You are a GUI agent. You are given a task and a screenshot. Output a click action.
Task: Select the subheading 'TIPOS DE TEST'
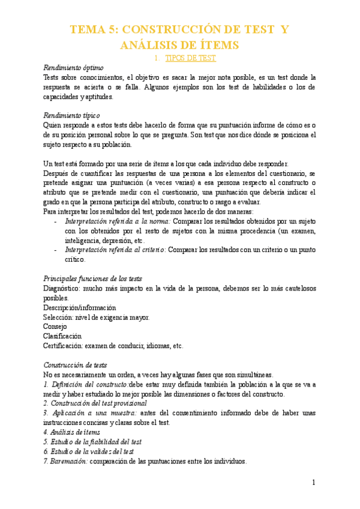pyautogui.click(x=190, y=58)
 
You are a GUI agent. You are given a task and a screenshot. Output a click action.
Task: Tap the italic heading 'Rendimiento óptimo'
pyautogui.click(x=73, y=68)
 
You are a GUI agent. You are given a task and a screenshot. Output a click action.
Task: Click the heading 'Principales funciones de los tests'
pyautogui.click(x=93, y=279)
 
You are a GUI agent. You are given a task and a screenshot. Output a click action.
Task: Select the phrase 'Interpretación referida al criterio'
pyautogui.click(x=115, y=250)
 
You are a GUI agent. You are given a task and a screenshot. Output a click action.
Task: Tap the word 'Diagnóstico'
pyautogui.click(x=63, y=288)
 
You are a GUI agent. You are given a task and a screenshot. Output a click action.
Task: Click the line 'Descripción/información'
pyautogui.click(x=79, y=307)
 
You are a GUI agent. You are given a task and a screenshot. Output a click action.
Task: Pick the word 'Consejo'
pyautogui.click(x=55, y=327)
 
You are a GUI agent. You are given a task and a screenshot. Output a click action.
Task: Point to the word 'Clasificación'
pyautogui.click(x=62, y=336)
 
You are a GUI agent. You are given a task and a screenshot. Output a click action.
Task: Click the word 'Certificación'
pyautogui.click(x=64, y=346)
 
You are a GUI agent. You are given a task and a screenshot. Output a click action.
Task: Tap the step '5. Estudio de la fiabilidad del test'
pyautogui.click(x=92, y=441)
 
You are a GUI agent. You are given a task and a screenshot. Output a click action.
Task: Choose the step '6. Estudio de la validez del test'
pyautogui.click(x=89, y=451)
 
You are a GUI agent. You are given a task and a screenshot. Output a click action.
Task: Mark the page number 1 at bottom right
pyautogui.click(x=313, y=483)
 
